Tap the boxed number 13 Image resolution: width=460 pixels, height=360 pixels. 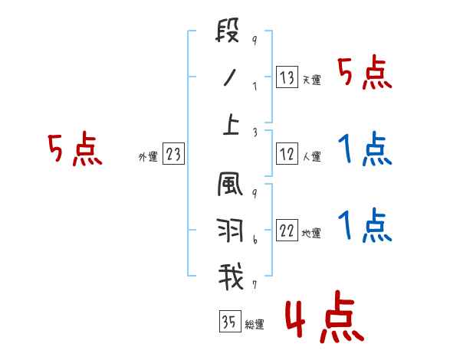pyautogui.click(x=287, y=77)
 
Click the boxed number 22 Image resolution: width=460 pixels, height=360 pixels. pyautogui.click(x=287, y=231)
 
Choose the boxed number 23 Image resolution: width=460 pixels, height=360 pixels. pyautogui.click(x=174, y=155)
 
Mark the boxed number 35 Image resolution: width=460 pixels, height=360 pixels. pyautogui.click(x=229, y=322)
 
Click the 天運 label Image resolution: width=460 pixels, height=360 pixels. pyautogui.click(x=311, y=80)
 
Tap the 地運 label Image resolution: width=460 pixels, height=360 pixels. pyautogui.click(x=311, y=233)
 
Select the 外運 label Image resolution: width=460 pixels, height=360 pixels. pyautogui.click(x=148, y=157)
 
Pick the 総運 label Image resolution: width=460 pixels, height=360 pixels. pyautogui.click(x=254, y=325)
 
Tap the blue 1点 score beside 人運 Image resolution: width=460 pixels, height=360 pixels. pyautogui.click(x=365, y=149)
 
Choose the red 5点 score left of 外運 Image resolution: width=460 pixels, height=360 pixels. pyautogui.click(x=74, y=149)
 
